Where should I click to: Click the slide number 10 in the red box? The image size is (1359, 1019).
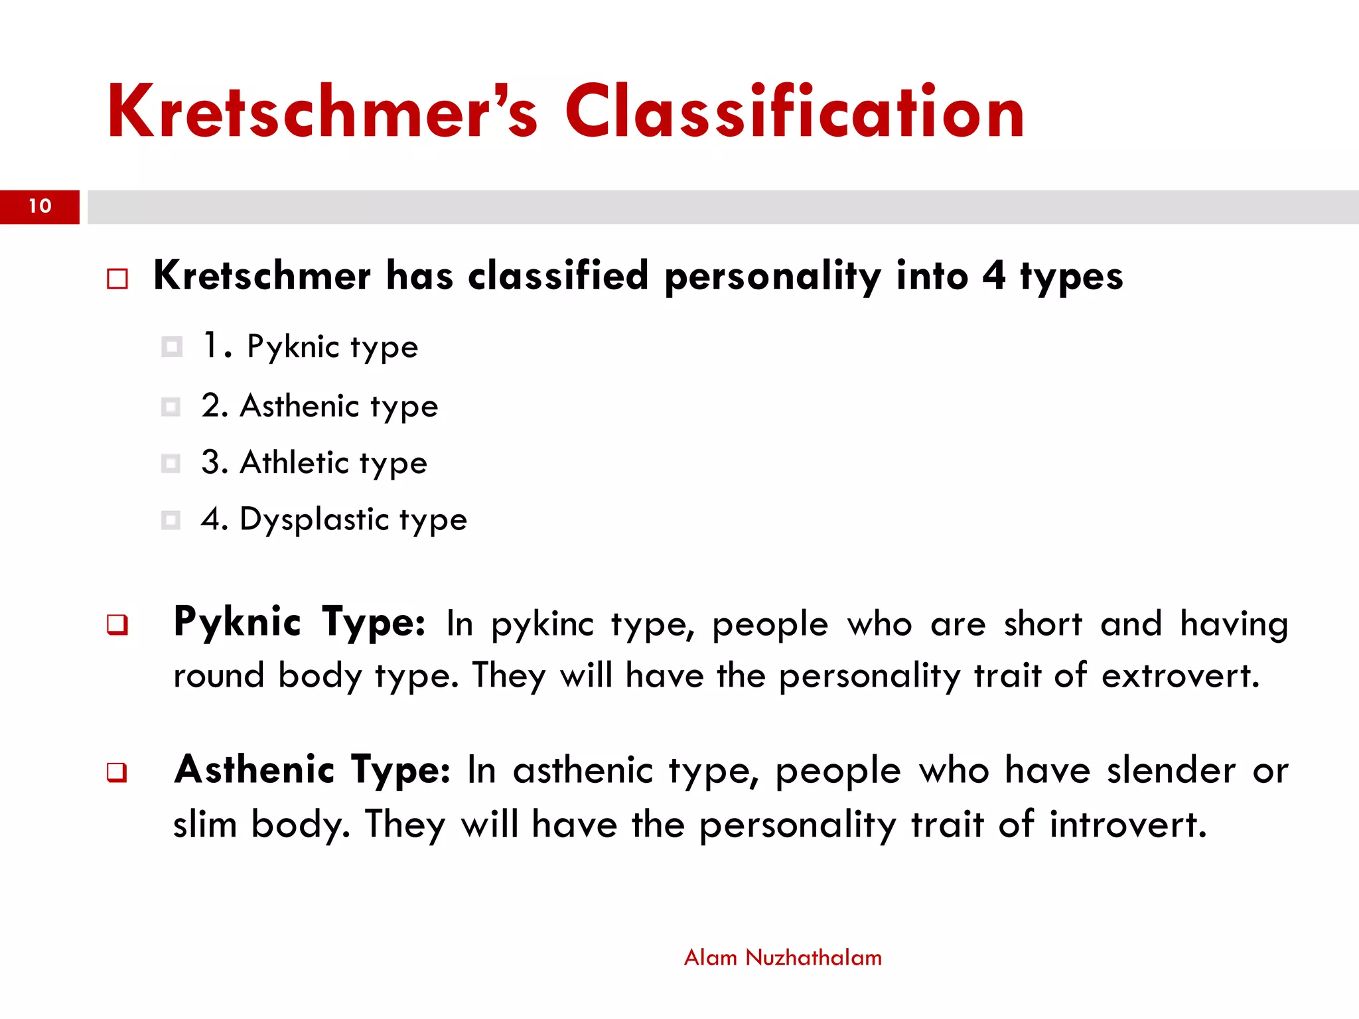[40, 206]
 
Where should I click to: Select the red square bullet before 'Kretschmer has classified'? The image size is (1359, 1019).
[117, 279]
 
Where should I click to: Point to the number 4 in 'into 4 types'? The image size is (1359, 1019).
[993, 275]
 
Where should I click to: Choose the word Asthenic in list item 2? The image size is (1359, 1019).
[299, 406]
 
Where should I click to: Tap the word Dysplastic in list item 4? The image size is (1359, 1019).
[314, 519]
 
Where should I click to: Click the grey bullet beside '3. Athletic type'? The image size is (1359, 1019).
[171, 463]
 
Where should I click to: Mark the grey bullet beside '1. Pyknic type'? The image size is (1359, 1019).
[171, 346]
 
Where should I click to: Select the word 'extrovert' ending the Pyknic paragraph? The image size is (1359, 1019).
[1180, 677]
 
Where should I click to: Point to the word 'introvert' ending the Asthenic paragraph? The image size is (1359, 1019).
[1127, 825]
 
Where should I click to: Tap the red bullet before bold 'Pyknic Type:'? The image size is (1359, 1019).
[117, 625]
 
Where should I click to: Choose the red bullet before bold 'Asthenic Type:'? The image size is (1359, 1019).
[117, 773]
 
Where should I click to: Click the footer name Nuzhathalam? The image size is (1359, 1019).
[814, 958]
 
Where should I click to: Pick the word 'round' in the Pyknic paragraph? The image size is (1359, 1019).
[218, 677]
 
